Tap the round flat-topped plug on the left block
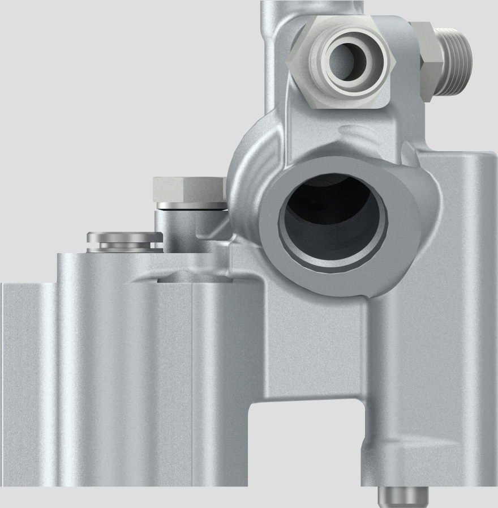coord(122,236)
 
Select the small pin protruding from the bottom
coord(402,497)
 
